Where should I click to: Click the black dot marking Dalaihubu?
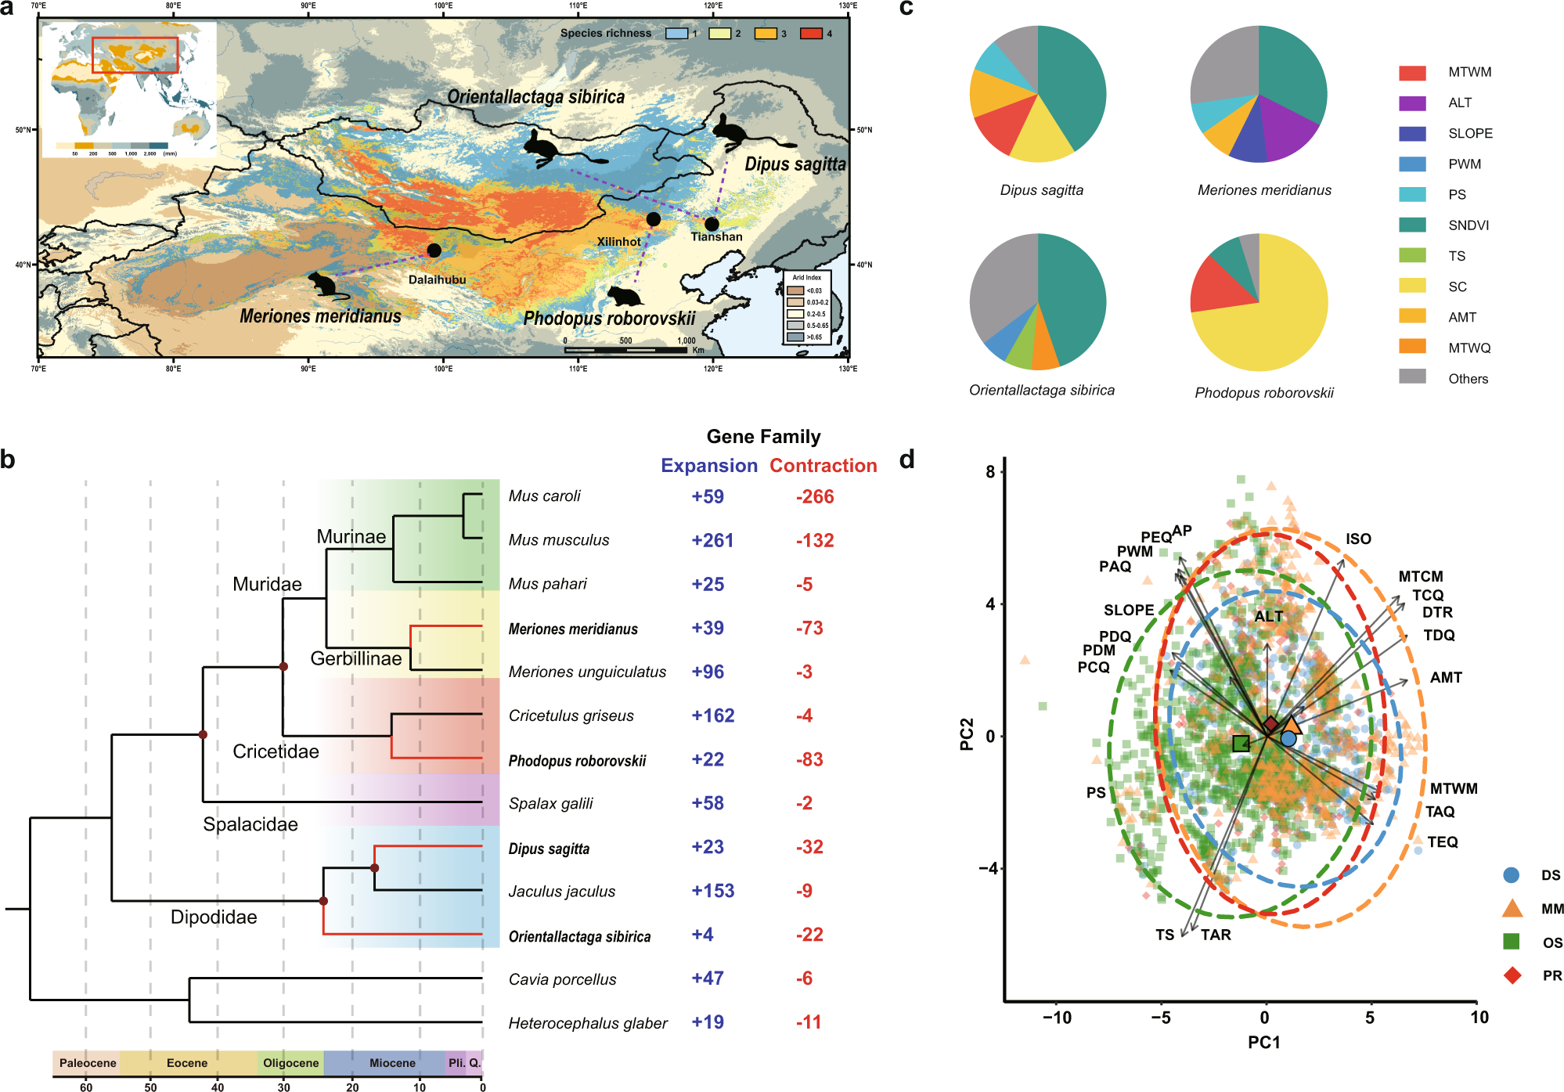click(434, 250)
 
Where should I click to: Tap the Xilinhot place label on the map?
click(618, 241)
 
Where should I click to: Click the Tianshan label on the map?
click(716, 236)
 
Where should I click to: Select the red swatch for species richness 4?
click(811, 34)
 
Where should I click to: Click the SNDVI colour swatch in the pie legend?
click(1412, 225)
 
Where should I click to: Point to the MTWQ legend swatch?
click(1412, 348)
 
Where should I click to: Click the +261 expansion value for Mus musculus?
click(712, 540)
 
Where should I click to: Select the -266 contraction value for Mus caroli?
click(815, 496)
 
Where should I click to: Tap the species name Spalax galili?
click(550, 803)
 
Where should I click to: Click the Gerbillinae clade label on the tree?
click(356, 658)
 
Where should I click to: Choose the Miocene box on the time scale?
click(392, 1063)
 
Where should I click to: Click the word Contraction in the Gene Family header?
click(823, 466)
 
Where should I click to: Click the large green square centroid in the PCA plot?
click(1241, 743)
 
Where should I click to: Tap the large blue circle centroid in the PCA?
click(1288, 738)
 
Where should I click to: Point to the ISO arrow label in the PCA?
click(1358, 539)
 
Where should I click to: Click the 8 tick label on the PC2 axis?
click(991, 471)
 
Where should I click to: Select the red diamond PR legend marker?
click(1512, 975)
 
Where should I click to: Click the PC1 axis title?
click(1263, 1042)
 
